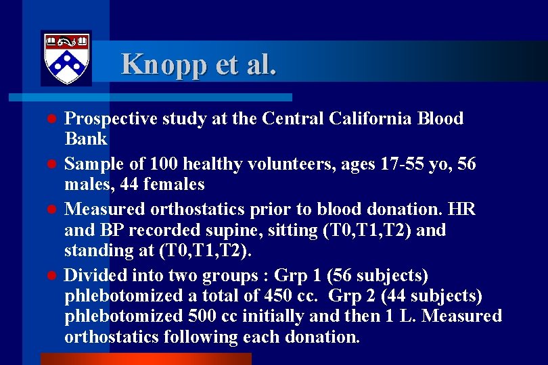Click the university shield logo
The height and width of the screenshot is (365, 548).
[x=66, y=58]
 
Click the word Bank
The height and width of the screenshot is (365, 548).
[x=86, y=139]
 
